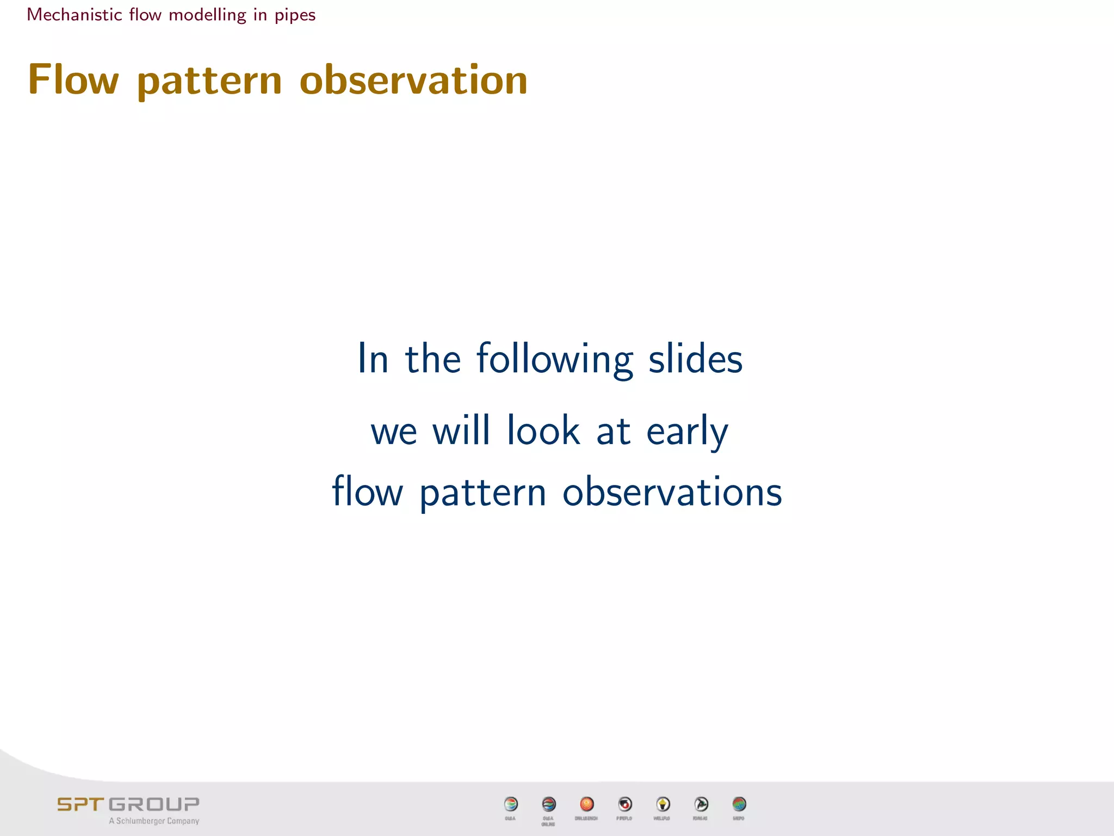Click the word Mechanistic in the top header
[x=75, y=15]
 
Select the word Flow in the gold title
[x=73, y=79]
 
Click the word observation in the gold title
[x=413, y=79]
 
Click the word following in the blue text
[x=554, y=359]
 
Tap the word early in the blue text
[x=686, y=432]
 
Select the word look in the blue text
[x=543, y=431]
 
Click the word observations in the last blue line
[x=672, y=491]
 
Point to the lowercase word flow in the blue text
[x=367, y=491]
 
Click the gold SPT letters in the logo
[x=80, y=804]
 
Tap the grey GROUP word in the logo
[x=154, y=804]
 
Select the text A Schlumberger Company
[x=154, y=821]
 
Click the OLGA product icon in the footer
[x=511, y=804]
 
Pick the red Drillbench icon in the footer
[x=586, y=804]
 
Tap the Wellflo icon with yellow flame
[x=663, y=804]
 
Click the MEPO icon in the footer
[x=739, y=804]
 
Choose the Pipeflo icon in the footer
[x=625, y=804]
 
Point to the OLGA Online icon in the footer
[x=549, y=804]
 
